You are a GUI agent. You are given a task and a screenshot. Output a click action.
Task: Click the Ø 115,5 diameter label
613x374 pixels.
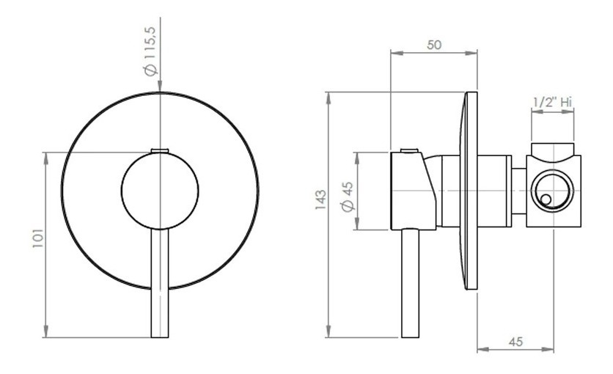pos(150,51)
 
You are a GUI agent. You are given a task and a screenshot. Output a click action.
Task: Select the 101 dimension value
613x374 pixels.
pos(38,238)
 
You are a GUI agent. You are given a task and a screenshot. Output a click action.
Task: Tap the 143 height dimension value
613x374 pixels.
pos(320,199)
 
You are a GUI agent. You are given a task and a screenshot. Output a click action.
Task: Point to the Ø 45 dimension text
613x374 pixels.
pos(347,197)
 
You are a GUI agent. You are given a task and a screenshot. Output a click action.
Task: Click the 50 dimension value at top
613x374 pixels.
pos(434,45)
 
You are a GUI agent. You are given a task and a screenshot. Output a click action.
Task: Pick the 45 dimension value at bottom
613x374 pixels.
pos(515,342)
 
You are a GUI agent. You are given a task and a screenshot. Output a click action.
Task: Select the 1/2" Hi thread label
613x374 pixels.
pos(552,103)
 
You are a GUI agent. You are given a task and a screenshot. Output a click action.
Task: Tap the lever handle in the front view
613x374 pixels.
pos(160,283)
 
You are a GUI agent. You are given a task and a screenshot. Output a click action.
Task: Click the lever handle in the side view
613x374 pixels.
pos(411,283)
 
